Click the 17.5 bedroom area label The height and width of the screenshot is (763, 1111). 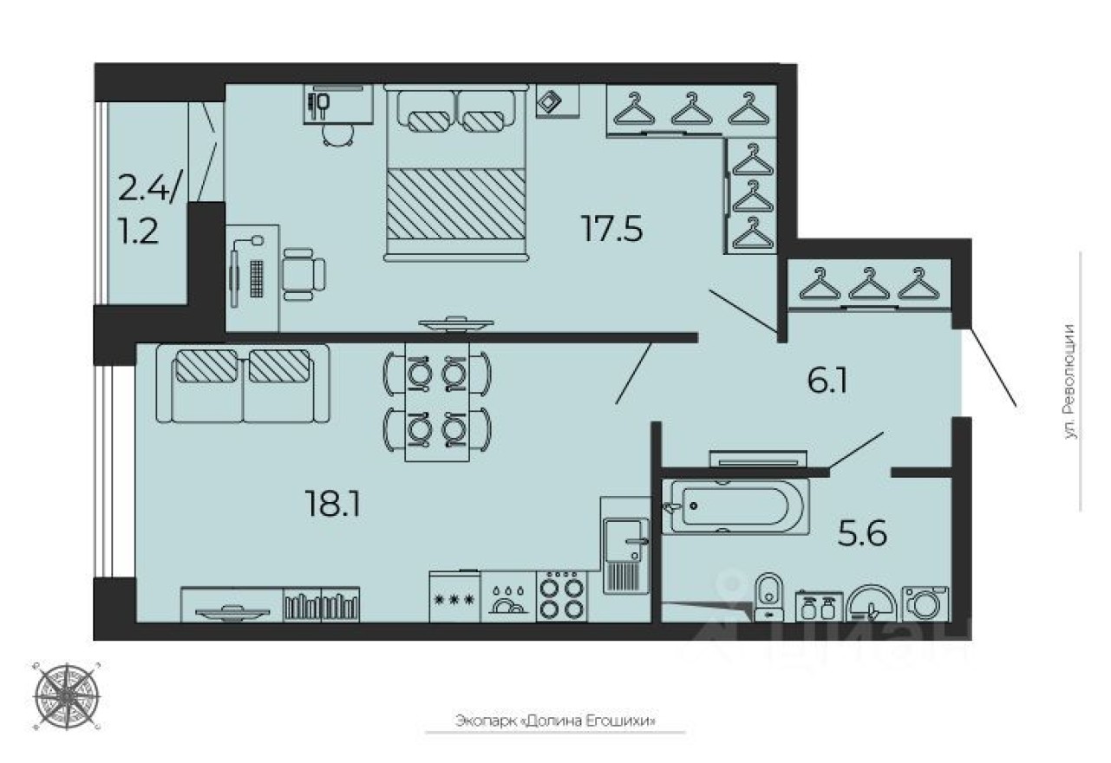tap(612, 229)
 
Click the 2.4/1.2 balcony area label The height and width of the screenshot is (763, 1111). tap(150, 208)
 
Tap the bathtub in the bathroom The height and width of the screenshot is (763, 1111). tap(737, 505)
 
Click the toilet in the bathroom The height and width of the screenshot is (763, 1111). tap(768, 597)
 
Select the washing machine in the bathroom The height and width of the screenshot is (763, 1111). tap(926, 602)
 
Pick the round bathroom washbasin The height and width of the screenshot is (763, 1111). tap(871, 603)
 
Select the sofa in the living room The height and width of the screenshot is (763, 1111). tap(242, 382)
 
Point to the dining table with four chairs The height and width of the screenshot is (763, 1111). tap(437, 401)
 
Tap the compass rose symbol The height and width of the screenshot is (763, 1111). tap(67, 695)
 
